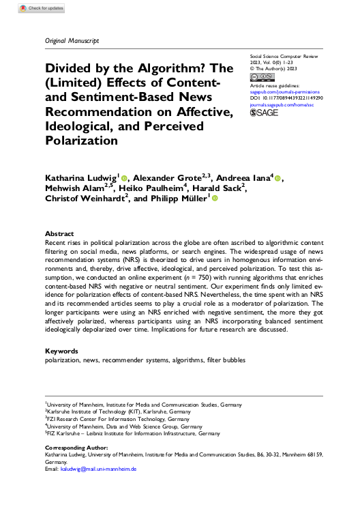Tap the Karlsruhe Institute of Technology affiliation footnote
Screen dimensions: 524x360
click(112, 412)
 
